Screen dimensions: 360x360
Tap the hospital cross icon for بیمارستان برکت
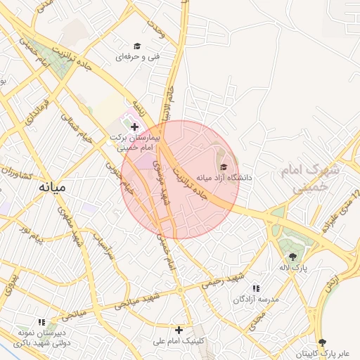135,127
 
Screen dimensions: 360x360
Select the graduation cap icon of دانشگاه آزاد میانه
224,167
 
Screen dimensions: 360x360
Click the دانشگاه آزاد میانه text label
224,178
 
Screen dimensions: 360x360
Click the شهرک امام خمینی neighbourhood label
309,179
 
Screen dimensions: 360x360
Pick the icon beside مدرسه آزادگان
256,288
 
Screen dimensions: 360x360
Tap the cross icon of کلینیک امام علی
179,329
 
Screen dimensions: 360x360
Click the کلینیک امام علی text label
179,341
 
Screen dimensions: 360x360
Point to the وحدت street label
156,27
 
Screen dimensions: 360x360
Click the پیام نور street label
31,234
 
